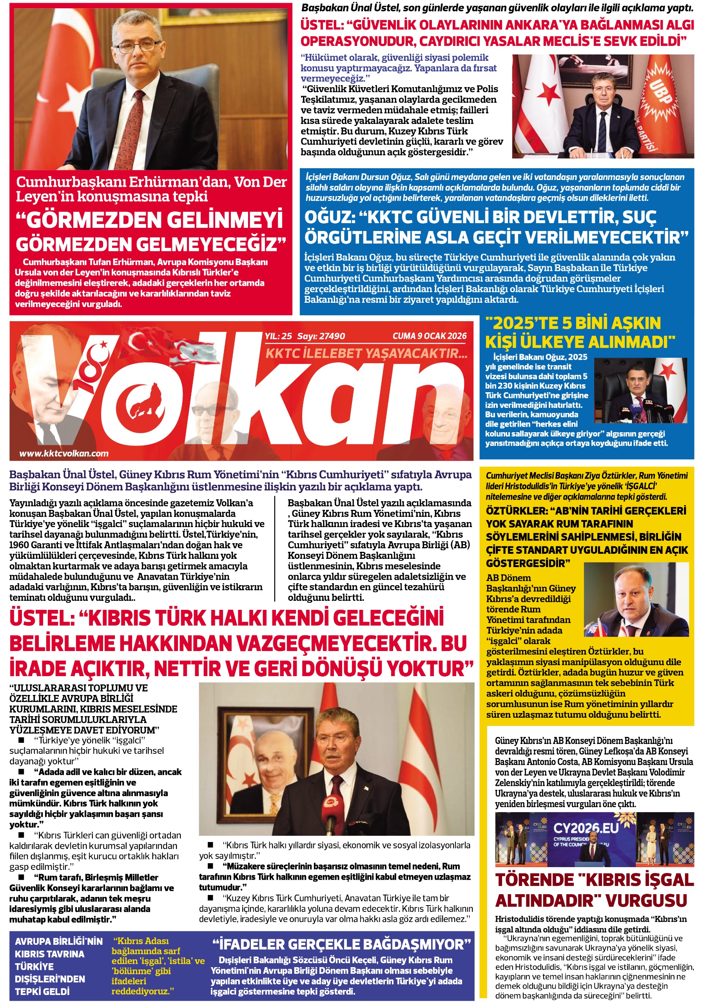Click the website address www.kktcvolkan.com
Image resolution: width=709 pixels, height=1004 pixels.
(x=64, y=453)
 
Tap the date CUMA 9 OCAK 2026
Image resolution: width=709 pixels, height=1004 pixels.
(x=429, y=336)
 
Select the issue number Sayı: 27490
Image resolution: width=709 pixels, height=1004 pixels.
(x=321, y=336)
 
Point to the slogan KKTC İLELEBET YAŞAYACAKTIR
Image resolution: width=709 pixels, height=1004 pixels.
(x=366, y=353)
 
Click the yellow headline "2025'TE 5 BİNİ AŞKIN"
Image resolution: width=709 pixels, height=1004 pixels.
(x=573, y=323)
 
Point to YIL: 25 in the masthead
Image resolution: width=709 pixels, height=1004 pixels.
(x=278, y=336)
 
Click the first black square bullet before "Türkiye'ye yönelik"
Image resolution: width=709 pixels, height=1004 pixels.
(x=21, y=740)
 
